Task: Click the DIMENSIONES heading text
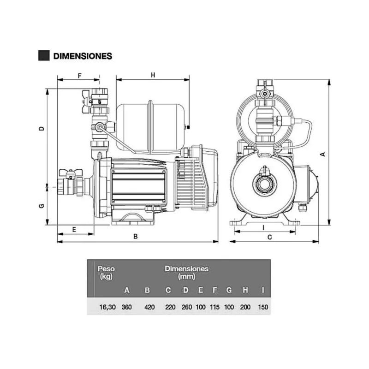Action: pyautogui.click(x=83, y=56)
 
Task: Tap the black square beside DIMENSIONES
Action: pyautogui.click(x=44, y=56)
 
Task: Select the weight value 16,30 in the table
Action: pyautogui.click(x=107, y=307)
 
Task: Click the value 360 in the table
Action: pyautogui.click(x=126, y=307)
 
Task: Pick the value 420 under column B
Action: pyautogui.click(x=149, y=307)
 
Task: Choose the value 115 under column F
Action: pyautogui.click(x=214, y=307)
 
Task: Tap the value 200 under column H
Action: pyautogui.click(x=245, y=307)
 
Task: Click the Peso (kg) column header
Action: pyautogui.click(x=106, y=273)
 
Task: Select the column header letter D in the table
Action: pyautogui.click(x=185, y=290)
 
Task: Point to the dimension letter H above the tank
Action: pyautogui.click(x=153, y=75)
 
